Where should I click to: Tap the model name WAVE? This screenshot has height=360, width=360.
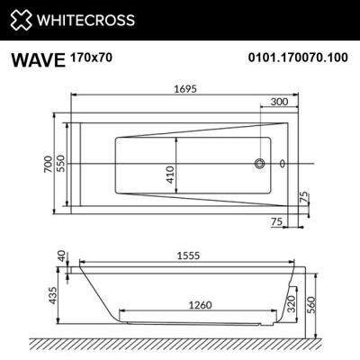click(37, 60)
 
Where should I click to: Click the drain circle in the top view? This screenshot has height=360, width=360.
click(261, 164)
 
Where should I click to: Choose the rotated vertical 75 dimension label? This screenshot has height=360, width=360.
click(304, 198)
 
